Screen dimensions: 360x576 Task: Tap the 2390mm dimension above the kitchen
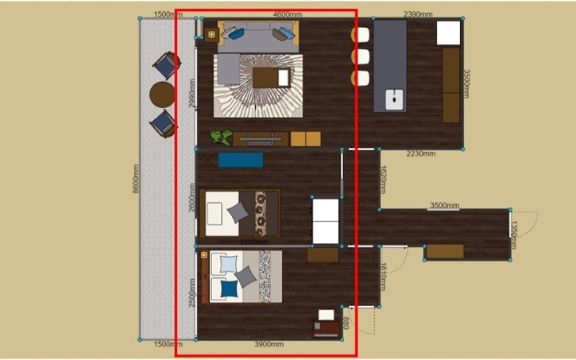(418, 14)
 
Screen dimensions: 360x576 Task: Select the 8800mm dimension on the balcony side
(136, 179)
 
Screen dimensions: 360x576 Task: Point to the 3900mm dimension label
(269, 344)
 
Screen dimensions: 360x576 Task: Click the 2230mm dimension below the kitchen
(420, 153)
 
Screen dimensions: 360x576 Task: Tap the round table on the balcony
(162, 94)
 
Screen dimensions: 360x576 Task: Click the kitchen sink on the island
(394, 99)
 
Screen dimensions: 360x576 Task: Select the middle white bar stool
(361, 56)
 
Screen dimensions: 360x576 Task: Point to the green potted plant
(221, 137)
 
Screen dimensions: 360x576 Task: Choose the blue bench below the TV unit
(240, 160)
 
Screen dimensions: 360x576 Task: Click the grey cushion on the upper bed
(238, 212)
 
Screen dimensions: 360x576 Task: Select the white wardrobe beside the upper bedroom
(325, 220)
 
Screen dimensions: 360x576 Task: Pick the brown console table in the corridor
(444, 251)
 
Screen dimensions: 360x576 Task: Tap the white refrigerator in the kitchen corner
(448, 33)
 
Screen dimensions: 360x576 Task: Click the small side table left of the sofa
(211, 34)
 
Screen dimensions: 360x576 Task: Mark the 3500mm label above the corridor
(444, 206)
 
